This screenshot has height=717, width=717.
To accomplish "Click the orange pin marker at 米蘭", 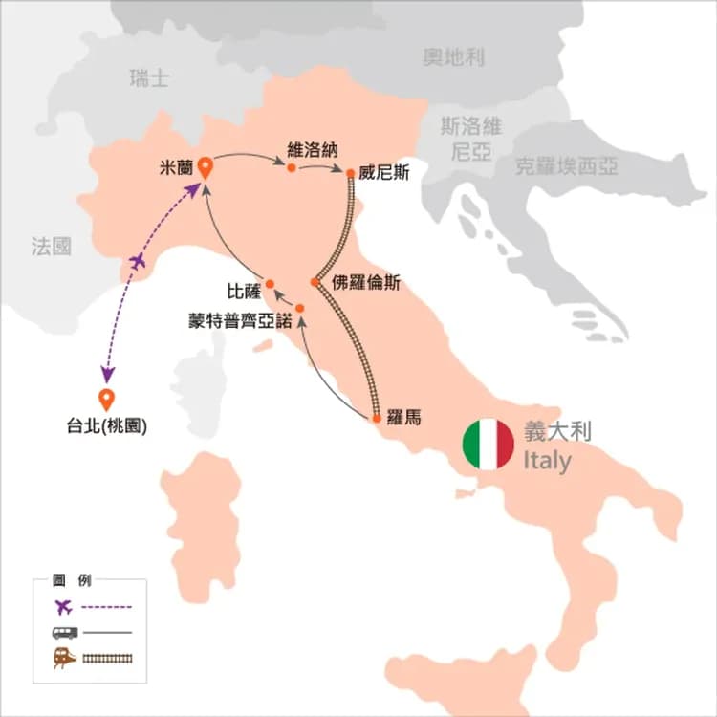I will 204,168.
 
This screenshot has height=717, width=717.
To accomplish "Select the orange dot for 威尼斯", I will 351,173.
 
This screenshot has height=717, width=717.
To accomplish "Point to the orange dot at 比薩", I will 270,283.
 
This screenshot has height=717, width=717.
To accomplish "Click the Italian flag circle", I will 489,444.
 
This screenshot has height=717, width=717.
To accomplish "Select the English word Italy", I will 547,462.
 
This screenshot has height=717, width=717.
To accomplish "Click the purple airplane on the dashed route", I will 138,261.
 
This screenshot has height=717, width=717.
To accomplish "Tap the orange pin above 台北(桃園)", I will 106,400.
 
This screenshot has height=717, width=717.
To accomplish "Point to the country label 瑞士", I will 149,78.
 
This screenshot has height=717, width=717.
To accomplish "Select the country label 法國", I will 51,248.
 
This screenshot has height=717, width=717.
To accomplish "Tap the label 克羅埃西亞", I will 566,166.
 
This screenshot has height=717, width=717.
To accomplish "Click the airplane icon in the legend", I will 64,606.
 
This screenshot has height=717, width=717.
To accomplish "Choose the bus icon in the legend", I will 64,632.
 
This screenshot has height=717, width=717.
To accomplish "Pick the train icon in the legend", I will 64,657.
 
